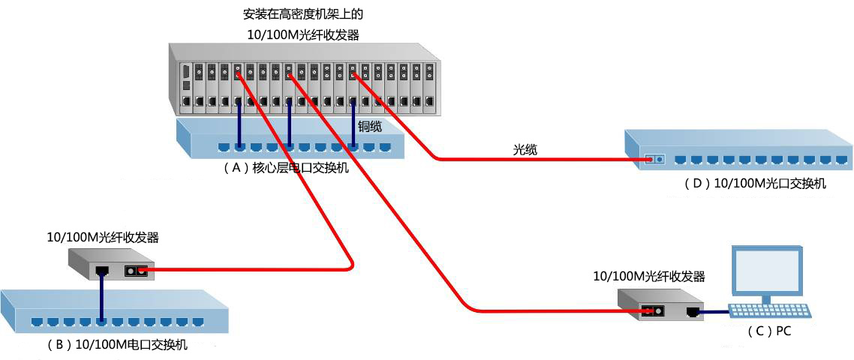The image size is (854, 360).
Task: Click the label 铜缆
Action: click(x=368, y=127)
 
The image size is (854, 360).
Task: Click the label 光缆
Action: click(x=525, y=149)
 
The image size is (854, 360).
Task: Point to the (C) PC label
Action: click(x=768, y=331)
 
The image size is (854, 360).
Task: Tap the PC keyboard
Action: click(x=769, y=311)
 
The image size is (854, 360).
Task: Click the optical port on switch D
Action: click(x=654, y=160)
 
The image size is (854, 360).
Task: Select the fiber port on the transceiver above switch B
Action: click(x=137, y=270)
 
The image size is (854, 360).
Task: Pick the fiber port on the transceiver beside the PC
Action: click(x=652, y=311)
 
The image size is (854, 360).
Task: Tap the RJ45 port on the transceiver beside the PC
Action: click(x=693, y=312)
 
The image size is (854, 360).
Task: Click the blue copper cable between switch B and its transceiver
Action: click(x=101, y=297)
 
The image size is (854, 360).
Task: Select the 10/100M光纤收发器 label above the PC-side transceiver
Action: click(x=650, y=276)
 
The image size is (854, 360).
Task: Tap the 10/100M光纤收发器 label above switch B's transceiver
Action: click(x=104, y=238)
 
